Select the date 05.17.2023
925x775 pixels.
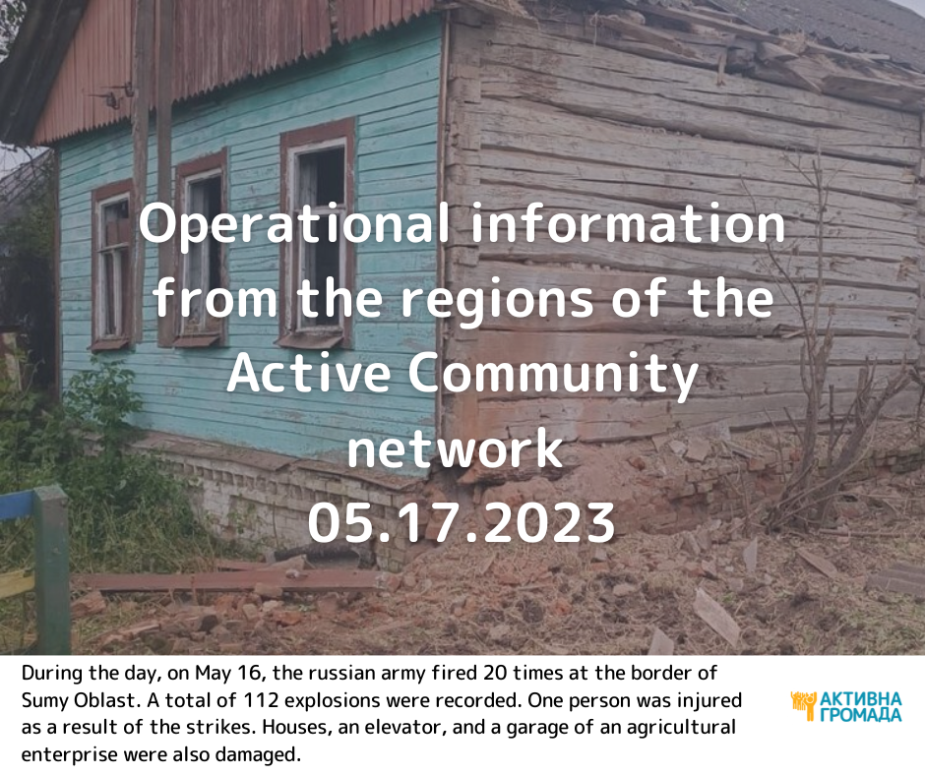pyautogui.click(x=462, y=522)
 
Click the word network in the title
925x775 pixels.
pyautogui.click(x=455, y=448)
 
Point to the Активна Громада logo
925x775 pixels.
pyautogui.click(x=846, y=706)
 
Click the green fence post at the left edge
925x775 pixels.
pyautogui.click(x=53, y=569)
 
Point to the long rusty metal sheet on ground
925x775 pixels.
pyautogui.click(x=230, y=580)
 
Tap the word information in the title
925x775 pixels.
pyautogui.click(x=629, y=224)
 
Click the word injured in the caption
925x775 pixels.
pyautogui.click(x=709, y=700)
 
